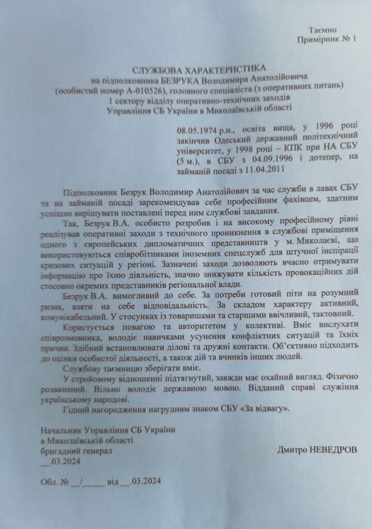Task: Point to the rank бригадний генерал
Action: click(76, 450)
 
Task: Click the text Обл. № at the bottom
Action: click(55, 481)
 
